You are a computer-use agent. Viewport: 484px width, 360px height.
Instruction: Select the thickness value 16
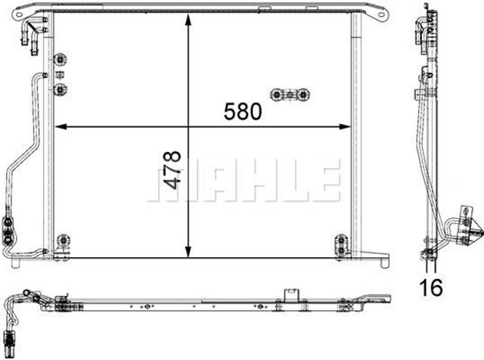pyautogui.click(x=431, y=287)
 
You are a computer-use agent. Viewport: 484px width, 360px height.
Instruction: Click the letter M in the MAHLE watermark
pyautogui.click(x=172, y=182)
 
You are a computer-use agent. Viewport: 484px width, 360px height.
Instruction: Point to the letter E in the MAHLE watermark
pyautogui.click(x=322, y=182)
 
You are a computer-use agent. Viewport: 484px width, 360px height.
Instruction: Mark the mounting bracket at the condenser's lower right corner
pyautogui.click(x=342, y=244)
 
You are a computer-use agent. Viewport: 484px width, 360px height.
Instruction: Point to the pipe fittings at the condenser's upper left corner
pyautogui.click(x=34, y=34)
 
